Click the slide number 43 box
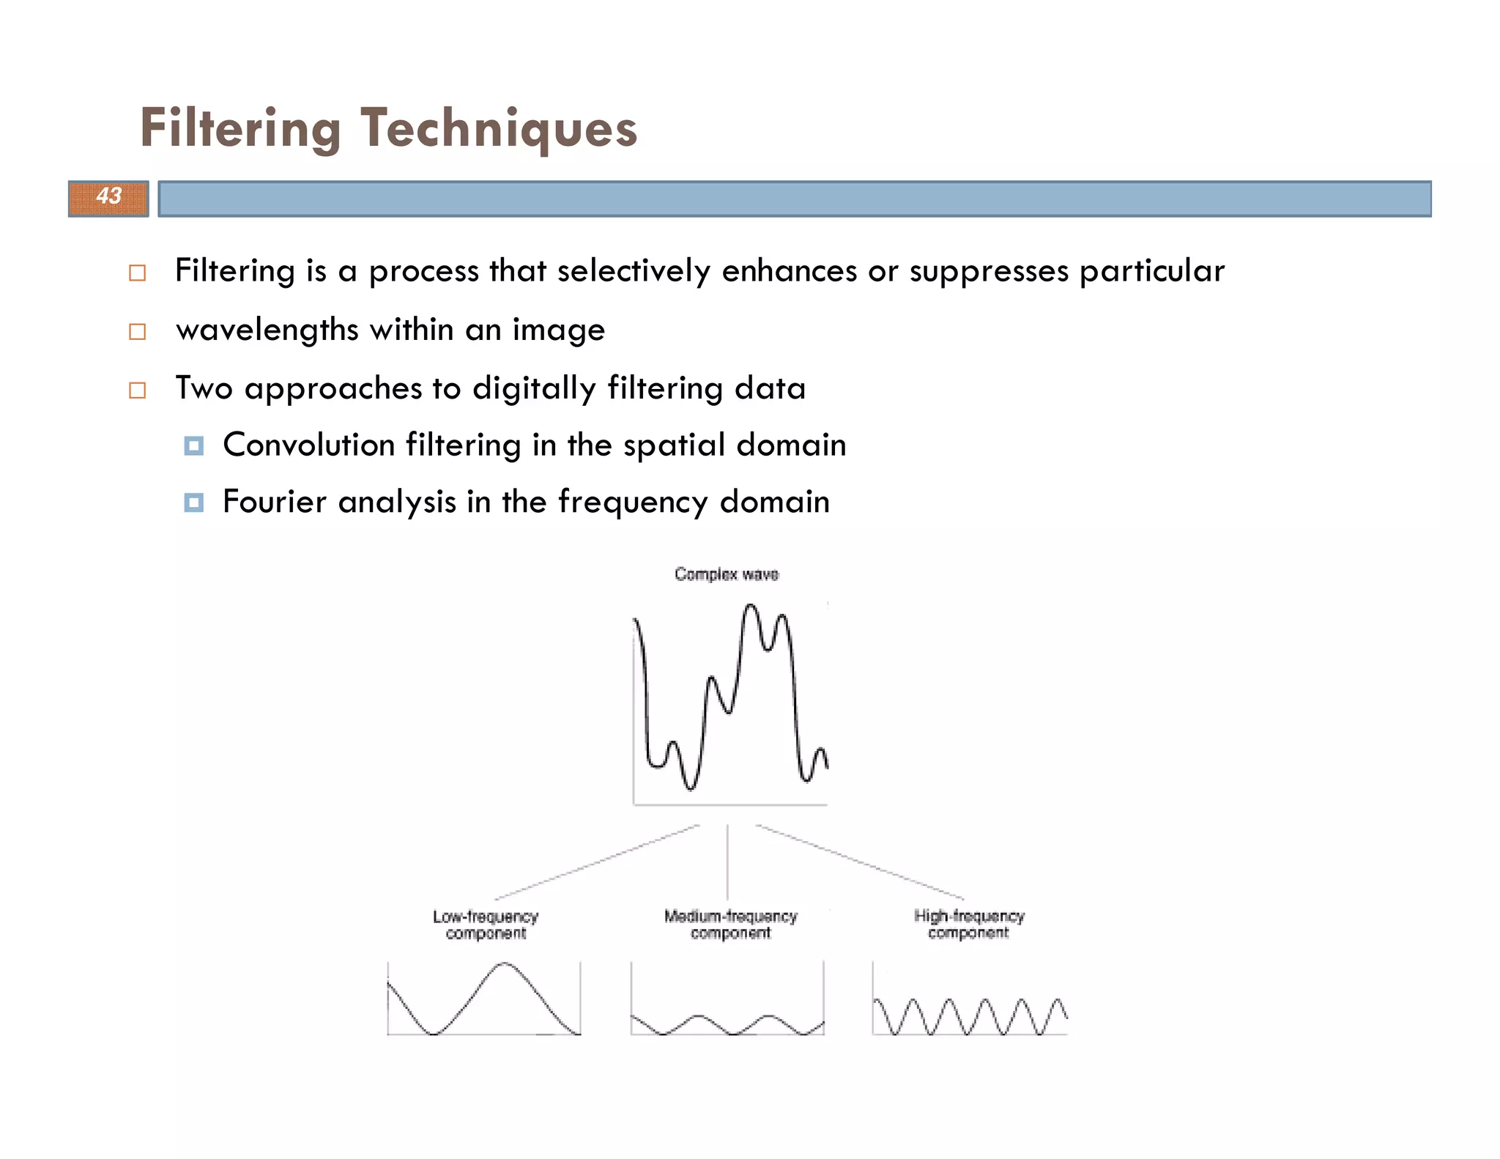108,198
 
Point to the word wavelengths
267,330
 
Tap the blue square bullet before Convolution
193,445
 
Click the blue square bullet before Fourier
193,503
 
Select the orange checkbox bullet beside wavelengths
137,332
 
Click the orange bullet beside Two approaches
137,390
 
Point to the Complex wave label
727,574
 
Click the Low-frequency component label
486,925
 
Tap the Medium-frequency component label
730,925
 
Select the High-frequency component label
968,924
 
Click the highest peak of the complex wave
750,605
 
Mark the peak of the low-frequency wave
505,964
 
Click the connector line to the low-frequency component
597,862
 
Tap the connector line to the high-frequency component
860,862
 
